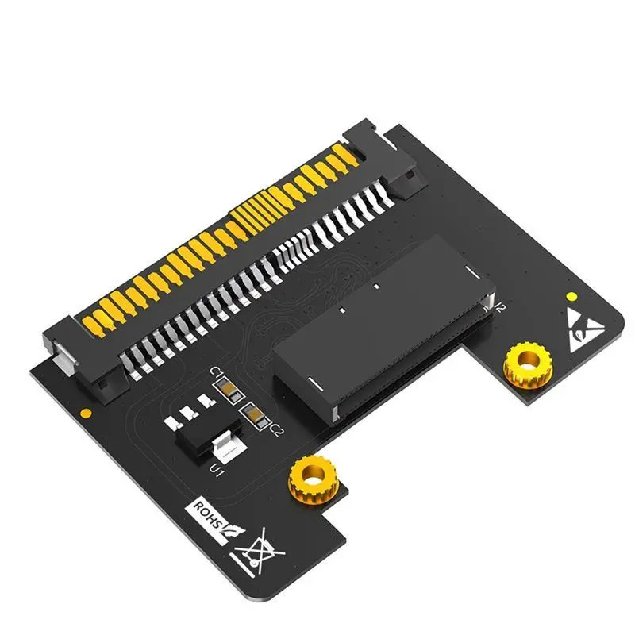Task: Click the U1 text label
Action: pyautogui.click(x=215, y=470)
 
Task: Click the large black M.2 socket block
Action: pyautogui.click(x=381, y=329)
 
